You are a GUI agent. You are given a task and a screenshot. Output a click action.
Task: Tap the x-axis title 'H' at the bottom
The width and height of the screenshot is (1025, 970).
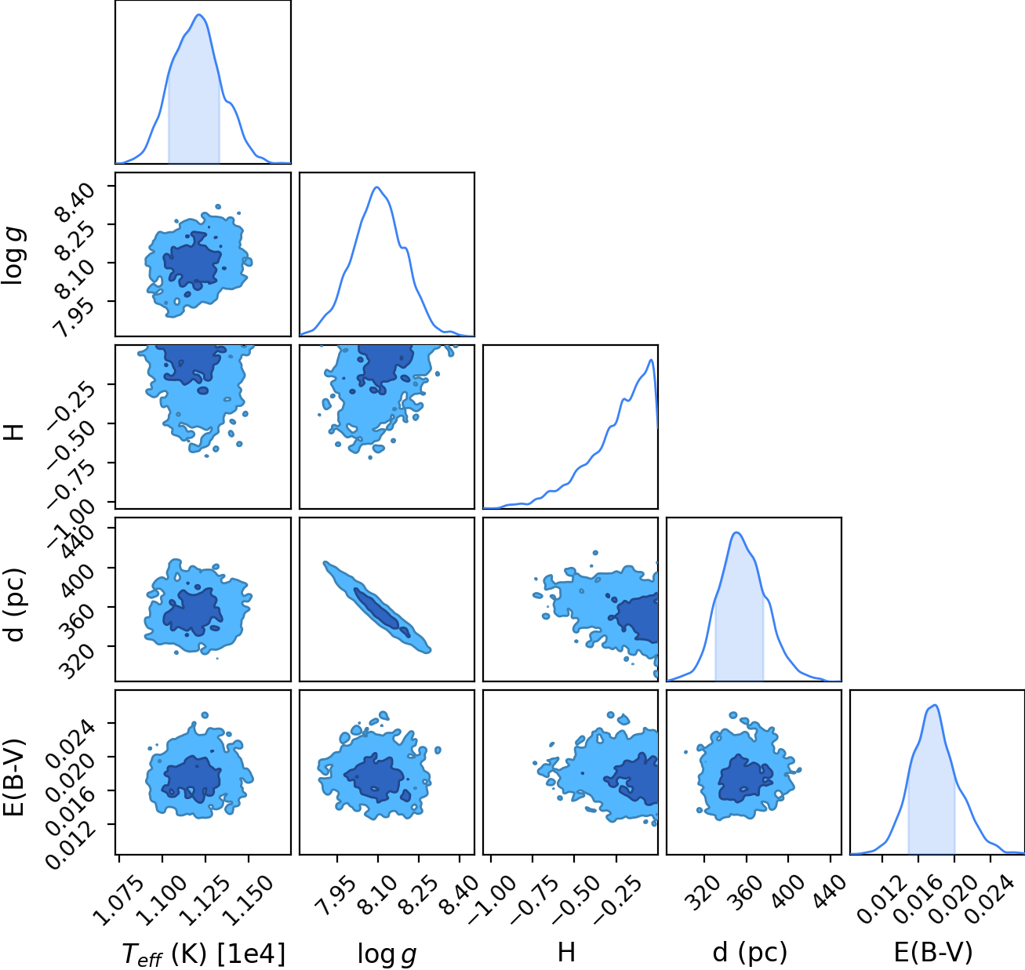[567, 952]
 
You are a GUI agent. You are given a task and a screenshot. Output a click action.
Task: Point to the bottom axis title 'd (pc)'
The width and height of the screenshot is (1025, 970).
[750, 954]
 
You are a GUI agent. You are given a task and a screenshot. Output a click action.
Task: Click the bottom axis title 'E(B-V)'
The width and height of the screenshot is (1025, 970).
[933, 953]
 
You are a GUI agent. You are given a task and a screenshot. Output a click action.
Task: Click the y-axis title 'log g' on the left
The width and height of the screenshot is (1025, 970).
[13, 256]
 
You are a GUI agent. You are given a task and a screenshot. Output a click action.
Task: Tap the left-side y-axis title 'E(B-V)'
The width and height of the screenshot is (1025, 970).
[14, 777]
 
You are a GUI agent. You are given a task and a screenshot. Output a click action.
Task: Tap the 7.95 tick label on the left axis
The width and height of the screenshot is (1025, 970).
[75, 315]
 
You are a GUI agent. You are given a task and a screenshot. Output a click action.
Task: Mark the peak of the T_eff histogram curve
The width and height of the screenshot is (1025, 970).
[199, 15]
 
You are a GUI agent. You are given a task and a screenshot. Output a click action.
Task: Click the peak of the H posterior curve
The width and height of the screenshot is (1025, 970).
[651, 360]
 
